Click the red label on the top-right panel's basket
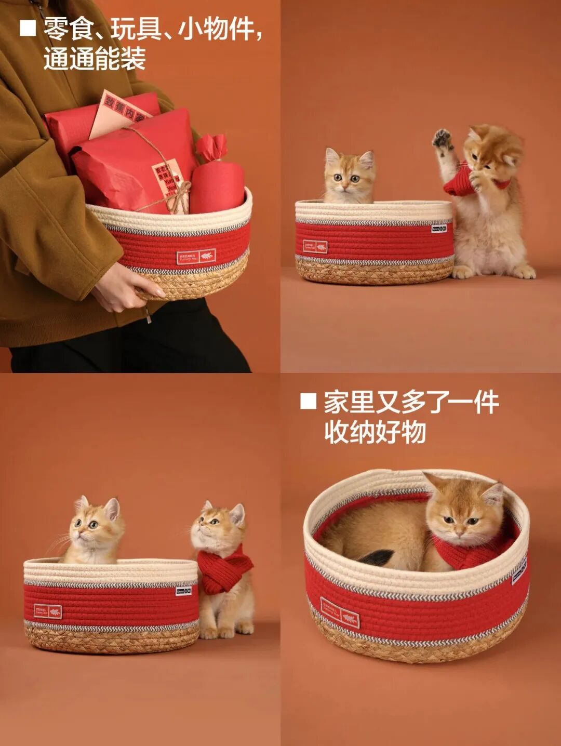click(315, 246)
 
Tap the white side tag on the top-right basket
click(439, 228)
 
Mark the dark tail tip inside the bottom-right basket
click(377, 558)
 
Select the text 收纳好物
click(375, 432)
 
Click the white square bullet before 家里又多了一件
click(308, 402)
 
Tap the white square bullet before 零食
click(28, 28)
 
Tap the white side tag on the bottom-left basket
click(183, 591)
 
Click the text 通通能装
click(95, 59)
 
